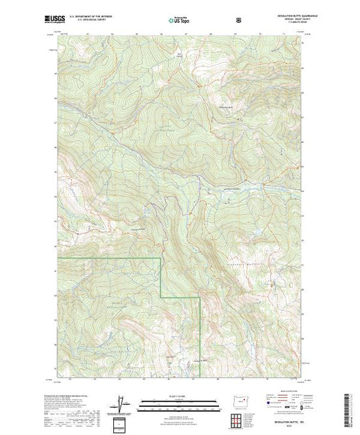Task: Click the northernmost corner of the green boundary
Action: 161,257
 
